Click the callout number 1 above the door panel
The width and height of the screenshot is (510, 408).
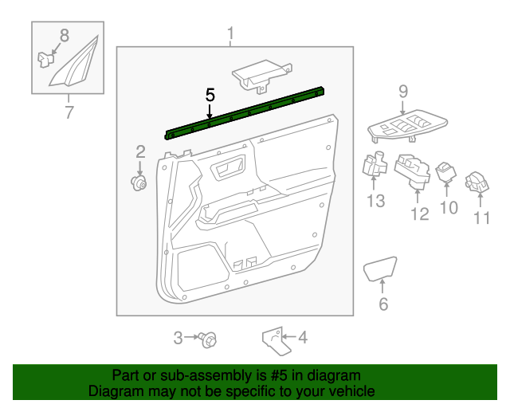(x=230, y=33)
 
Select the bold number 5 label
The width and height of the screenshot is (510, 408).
(x=210, y=94)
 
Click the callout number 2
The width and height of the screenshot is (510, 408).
(x=140, y=151)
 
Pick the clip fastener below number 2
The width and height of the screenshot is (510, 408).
(x=140, y=184)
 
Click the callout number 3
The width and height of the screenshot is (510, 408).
(x=178, y=338)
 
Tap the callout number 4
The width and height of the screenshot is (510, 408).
(x=301, y=338)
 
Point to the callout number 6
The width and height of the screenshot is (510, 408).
(x=383, y=304)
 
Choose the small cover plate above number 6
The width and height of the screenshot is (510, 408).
(x=380, y=269)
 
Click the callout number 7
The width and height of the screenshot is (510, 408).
(x=69, y=112)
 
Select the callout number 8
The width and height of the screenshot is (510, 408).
(x=65, y=34)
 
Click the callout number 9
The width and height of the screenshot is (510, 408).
(x=402, y=92)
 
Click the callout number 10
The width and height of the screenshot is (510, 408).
(x=449, y=208)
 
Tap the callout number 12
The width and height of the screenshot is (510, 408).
(x=419, y=214)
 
